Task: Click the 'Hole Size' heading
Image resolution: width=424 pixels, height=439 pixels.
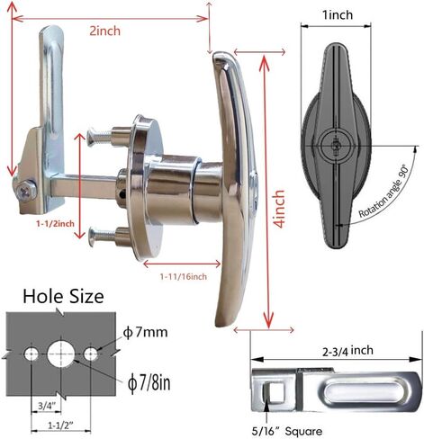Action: click(x=63, y=296)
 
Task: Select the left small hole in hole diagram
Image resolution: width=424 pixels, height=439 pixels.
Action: click(x=32, y=354)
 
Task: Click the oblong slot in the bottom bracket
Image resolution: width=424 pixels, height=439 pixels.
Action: click(x=355, y=389)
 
